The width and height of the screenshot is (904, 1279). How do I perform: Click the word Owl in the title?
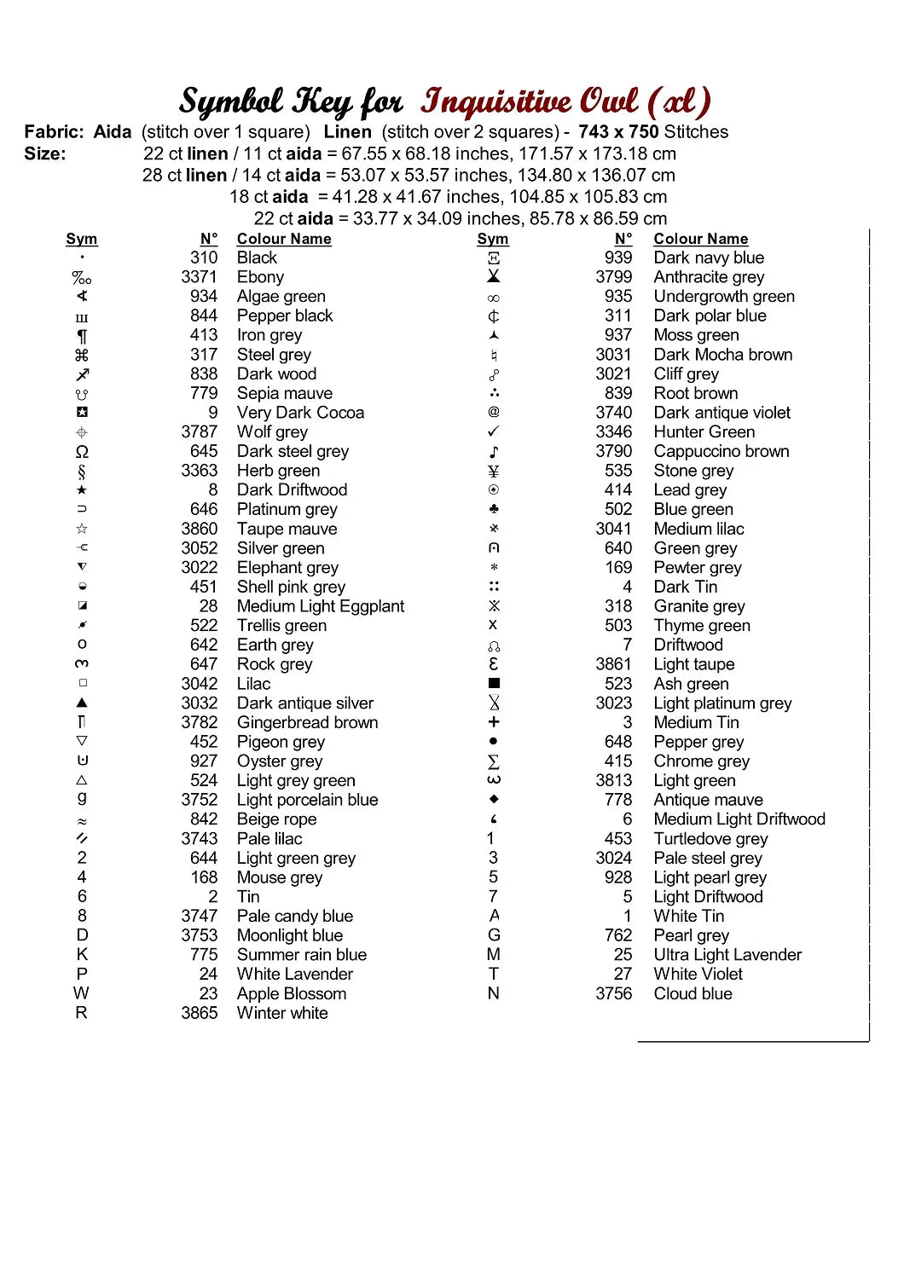coord(608,101)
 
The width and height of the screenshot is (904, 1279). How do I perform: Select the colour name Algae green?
coord(281,297)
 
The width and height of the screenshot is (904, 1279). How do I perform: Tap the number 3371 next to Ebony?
coord(199,277)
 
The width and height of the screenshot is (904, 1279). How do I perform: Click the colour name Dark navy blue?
coord(708,258)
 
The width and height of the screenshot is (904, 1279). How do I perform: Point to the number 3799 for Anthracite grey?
coord(613,277)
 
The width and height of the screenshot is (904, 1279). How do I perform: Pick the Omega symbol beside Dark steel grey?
coord(82,452)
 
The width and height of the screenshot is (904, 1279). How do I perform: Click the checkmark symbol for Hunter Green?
coord(493,432)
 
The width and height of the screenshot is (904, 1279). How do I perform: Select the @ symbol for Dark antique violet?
coord(493,413)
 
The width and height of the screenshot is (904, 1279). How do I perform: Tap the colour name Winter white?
coord(281,1013)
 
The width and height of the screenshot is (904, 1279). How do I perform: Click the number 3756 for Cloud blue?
coord(613,993)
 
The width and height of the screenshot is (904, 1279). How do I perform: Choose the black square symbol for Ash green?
coord(493,684)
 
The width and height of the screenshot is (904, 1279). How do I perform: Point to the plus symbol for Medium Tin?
coord(493,722)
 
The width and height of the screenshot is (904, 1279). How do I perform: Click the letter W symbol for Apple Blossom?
coord(81,993)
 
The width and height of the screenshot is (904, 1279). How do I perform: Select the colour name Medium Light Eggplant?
coord(320,606)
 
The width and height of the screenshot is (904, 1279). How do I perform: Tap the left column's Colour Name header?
coord(283,239)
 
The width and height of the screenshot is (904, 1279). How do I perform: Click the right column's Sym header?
coord(492,239)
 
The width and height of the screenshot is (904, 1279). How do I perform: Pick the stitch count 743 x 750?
coord(618,132)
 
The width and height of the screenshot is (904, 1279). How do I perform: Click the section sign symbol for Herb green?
coord(82,472)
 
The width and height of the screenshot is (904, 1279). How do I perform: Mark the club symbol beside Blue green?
coord(493,509)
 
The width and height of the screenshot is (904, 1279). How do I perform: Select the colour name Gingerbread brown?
coord(307,722)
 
